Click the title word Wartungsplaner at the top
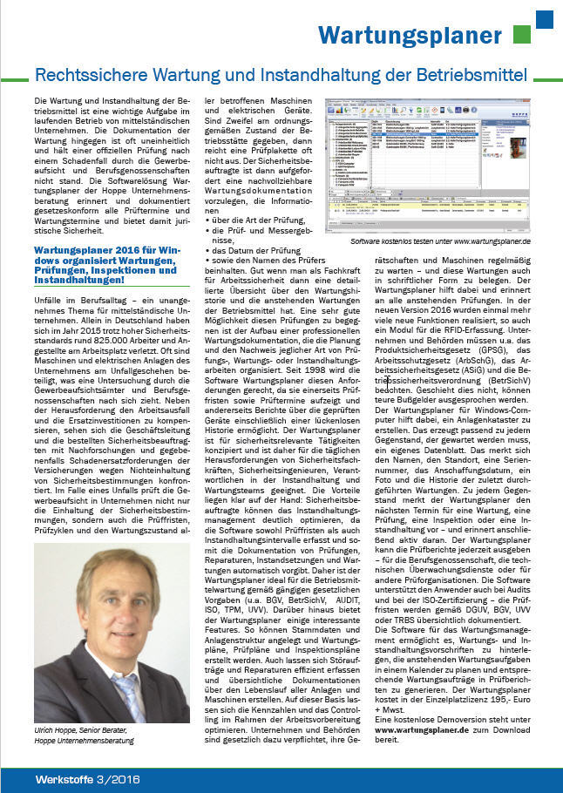tap(410, 36)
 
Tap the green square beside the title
tap(521, 35)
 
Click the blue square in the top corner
tap(544, 18)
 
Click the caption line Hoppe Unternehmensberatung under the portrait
tap(85, 741)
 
